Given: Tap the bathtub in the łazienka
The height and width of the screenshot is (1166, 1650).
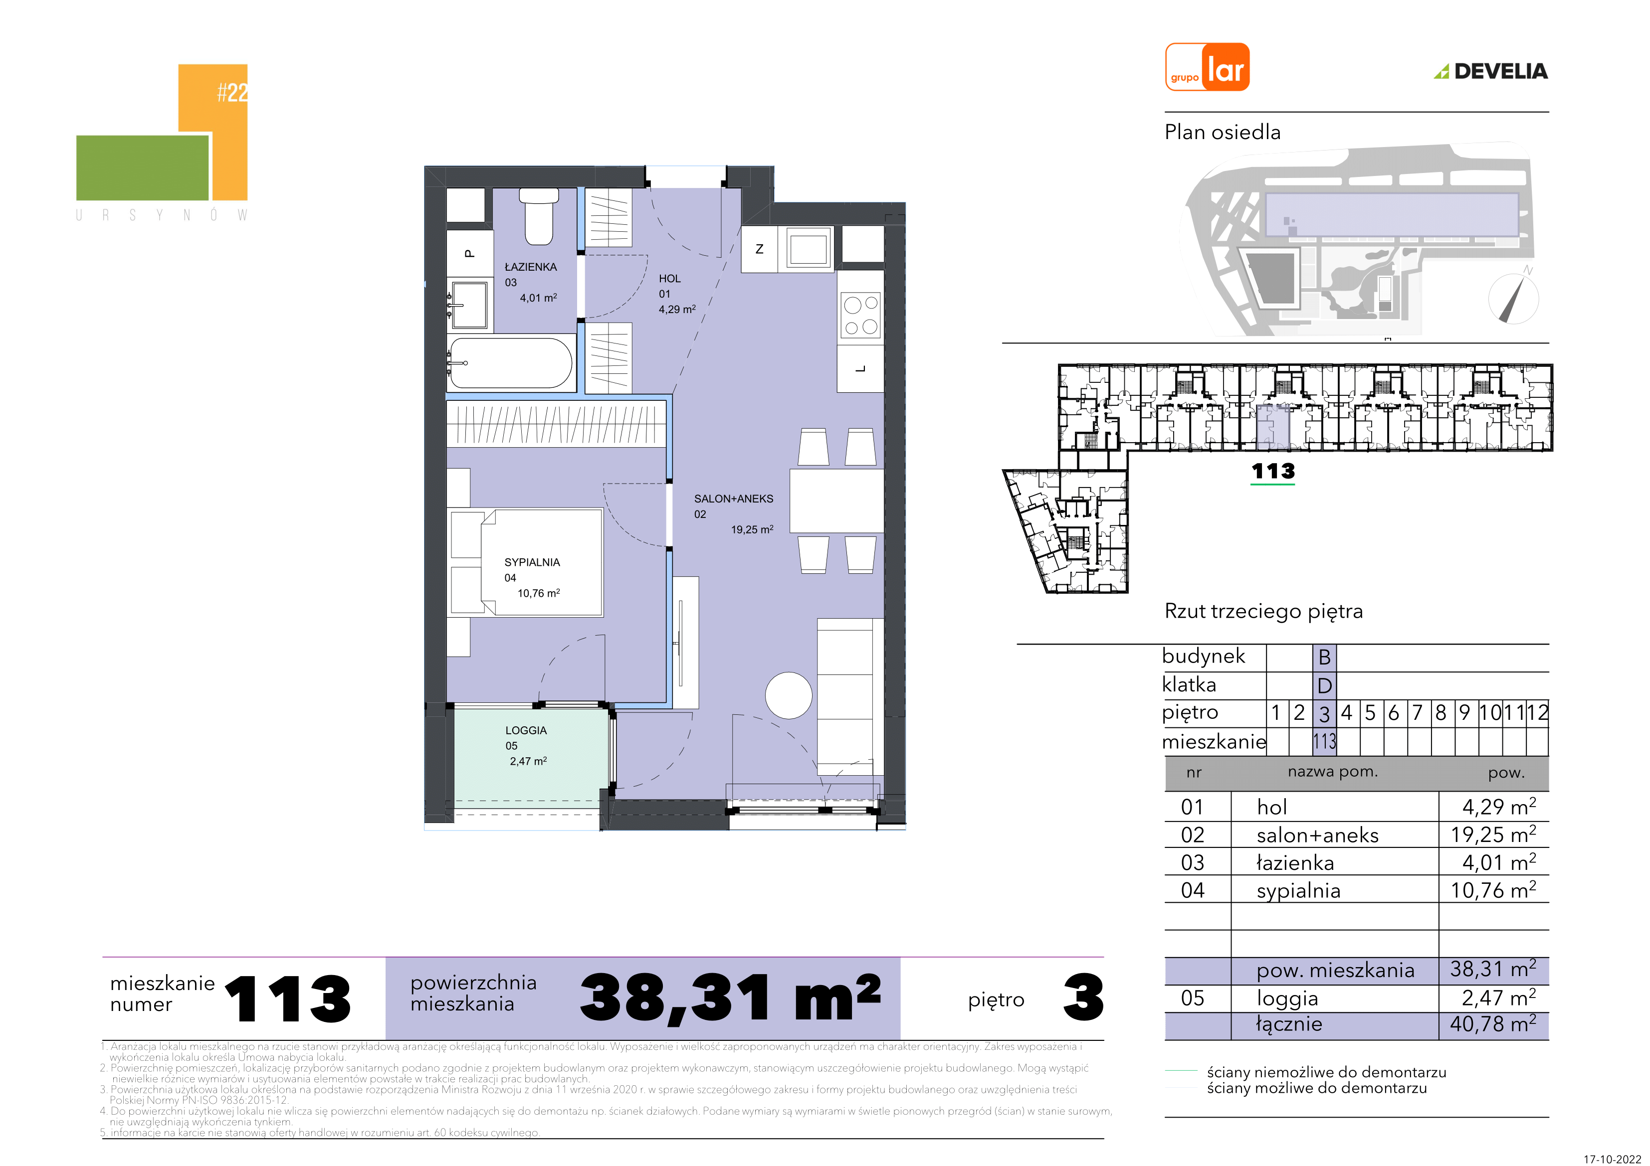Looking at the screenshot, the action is click(511, 363).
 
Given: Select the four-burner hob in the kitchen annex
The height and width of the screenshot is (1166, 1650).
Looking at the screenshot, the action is click(861, 316).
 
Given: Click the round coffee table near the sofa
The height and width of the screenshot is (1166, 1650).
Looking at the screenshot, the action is click(789, 695).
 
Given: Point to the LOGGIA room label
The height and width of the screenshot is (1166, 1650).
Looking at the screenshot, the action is click(526, 730).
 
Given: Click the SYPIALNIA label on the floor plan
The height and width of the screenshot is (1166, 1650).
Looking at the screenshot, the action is click(532, 562).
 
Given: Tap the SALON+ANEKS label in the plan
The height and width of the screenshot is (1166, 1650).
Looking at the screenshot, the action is click(734, 499).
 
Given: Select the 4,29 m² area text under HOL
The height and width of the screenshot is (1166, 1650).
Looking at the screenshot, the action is click(677, 309).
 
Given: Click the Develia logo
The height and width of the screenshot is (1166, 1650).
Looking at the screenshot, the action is click(1491, 71).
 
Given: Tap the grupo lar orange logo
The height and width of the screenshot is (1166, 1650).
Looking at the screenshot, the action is click(1207, 67).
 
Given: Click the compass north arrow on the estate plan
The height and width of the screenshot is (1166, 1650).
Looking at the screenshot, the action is click(1512, 298).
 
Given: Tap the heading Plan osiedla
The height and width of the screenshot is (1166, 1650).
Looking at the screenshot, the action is click(1223, 132).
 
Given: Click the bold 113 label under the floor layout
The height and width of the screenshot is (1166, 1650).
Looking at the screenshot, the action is click(1273, 471).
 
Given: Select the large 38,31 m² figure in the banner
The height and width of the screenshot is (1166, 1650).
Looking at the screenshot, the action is click(730, 998).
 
